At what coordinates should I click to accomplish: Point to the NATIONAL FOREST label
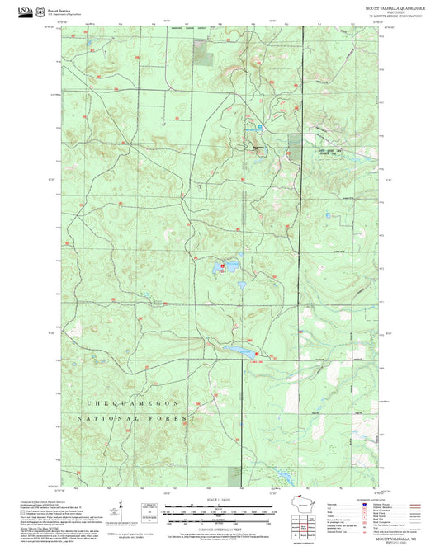(135, 419)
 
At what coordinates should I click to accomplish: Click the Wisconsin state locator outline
(307, 505)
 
